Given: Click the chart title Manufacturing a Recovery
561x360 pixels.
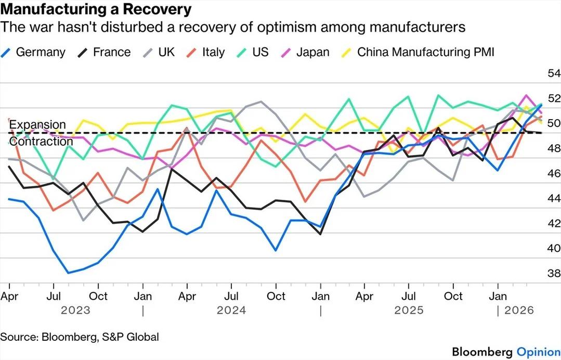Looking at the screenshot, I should point(96,9).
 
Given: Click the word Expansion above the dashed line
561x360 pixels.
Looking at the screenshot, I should point(37,125).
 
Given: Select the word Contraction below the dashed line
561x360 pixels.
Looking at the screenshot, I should point(41,142).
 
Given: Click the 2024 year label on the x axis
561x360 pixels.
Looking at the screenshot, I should point(231,311).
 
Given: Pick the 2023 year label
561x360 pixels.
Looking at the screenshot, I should point(75,311).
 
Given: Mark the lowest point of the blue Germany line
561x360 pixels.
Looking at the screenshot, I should point(68,273).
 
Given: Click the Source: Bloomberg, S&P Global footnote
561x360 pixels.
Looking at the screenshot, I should point(80,337).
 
